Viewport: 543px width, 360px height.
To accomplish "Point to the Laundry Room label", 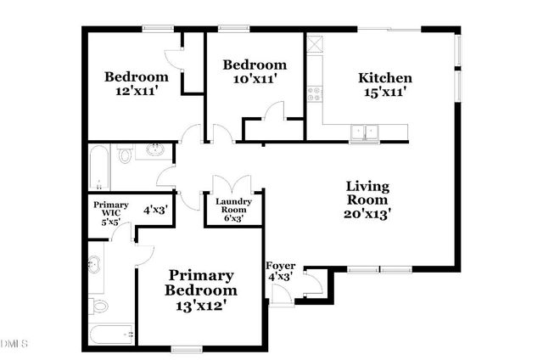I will coord(232,203).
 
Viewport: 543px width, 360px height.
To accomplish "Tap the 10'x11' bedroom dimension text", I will coord(254,79).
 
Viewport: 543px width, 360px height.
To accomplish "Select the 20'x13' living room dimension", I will coord(367,214).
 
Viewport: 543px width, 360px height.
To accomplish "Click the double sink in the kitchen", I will coord(367,132).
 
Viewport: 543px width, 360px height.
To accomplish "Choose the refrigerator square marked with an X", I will coord(316,44).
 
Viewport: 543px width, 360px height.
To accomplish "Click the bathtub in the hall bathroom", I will coord(99,167).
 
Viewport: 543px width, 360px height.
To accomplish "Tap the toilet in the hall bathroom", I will coord(126,155).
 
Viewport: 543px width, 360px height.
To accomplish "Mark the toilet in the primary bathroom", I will coord(99,304).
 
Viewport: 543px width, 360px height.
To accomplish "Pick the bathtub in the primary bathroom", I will coord(112,335).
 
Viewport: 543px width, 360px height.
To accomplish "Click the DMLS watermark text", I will coord(14,343).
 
